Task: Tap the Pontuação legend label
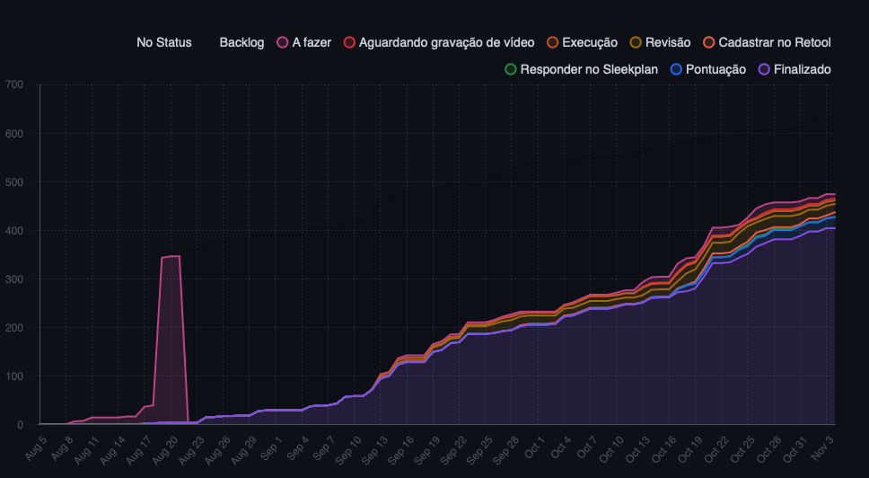[x=715, y=69]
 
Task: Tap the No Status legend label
[x=163, y=42]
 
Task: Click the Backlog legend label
[x=241, y=42]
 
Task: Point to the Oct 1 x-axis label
[x=535, y=446]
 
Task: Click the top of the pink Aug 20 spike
[x=171, y=257]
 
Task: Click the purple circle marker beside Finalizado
[x=765, y=69]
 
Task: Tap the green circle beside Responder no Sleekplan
[x=511, y=69]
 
